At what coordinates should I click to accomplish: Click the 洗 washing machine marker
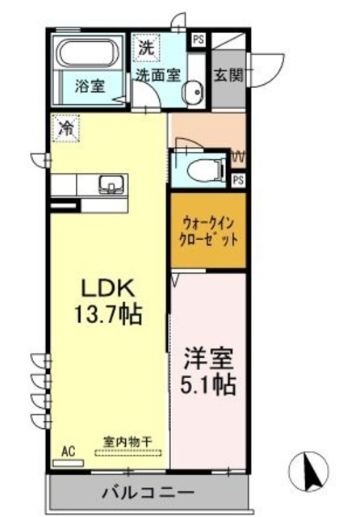(x=146, y=48)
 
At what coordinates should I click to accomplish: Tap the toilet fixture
(x=197, y=170)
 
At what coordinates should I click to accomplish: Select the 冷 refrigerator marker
(x=66, y=127)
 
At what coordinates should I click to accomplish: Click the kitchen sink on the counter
(x=109, y=184)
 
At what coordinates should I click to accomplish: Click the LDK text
(x=111, y=288)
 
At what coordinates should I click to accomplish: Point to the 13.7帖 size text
(x=111, y=314)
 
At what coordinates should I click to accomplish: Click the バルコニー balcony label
(x=148, y=492)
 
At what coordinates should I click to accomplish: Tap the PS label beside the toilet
(x=237, y=180)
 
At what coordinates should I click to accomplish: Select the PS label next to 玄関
(x=198, y=37)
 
